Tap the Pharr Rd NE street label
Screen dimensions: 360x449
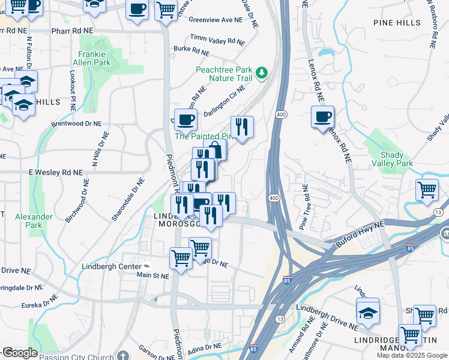click(72, 29)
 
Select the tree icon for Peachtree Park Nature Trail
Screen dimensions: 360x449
click(261, 73)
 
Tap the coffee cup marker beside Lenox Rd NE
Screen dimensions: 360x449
click(323, 116)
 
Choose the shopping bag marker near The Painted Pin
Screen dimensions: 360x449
click(215, 150)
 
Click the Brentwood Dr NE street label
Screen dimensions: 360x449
click(77, 123)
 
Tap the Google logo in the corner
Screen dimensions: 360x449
click(19, 353)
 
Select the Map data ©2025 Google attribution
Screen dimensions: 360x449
click(411, 355)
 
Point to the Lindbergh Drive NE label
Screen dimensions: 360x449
click(327, 318)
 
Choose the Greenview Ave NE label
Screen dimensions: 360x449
click(215, 20)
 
